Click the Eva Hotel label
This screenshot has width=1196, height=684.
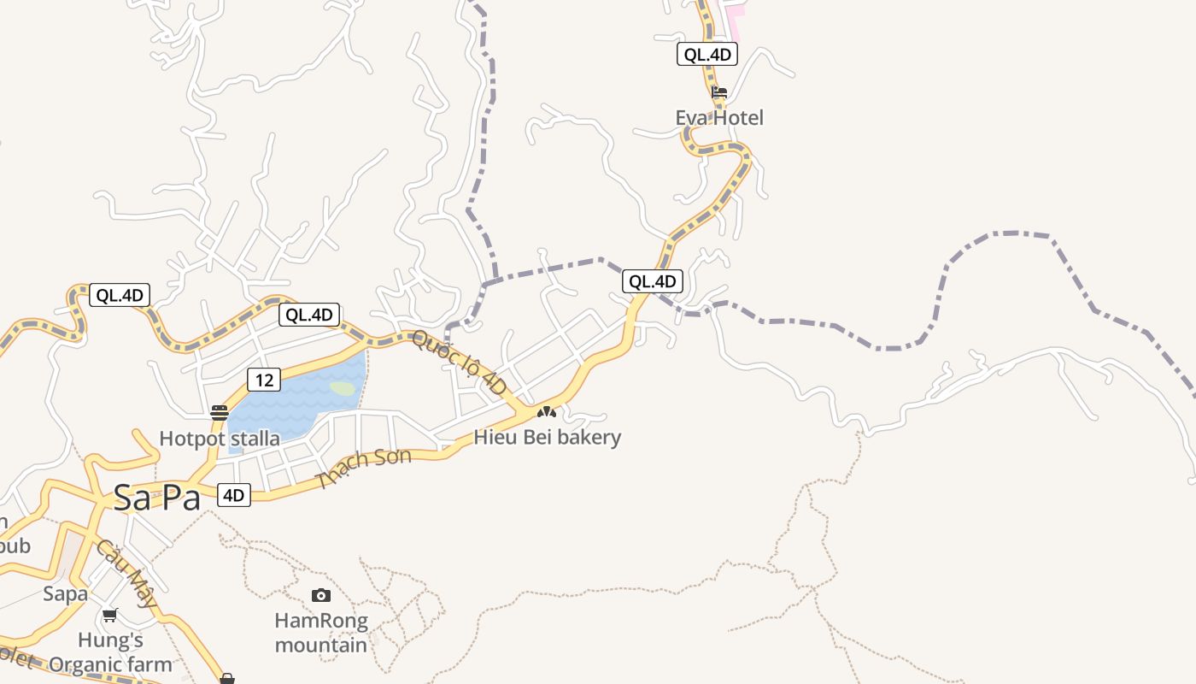pyautogui.click(x=719, y=118)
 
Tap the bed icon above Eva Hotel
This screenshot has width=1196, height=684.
pyautogui.click(x=719, y=92)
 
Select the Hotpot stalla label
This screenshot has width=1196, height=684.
pyautogui.click(x=220, y=439)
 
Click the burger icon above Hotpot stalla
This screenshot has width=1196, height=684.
pyautogui.click(x=220, y=413)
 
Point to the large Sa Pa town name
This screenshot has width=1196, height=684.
pyautogui.click(x=156, y=498)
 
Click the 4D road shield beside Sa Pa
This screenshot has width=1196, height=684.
pyautogui.click(x=234, y=495)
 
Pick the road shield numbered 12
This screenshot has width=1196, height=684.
pyautogui.click(x=264, y=380)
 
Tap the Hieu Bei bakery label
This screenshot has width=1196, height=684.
pyautogui.click(x=548, y=438)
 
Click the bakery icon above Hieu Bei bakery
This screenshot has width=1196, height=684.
pyautogui.click(x=546, y=412)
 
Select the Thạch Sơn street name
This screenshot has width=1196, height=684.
pyautogui.click(x=363, y=469)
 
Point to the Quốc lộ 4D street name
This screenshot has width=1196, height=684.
pyautogui.click(x=460, y=363)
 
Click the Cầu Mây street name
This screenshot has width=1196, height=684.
pyautogui.click(x=126, y=573)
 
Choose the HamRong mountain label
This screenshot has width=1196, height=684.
pyautogui.click(x=321, y=633)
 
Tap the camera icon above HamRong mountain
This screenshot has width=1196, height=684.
pyautogui.click(x=321, y=595)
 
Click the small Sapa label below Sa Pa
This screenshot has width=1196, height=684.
pyautogui.click(x=66, y=593)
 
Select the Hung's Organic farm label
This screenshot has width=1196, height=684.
pyautogui.click(x=110, y=652)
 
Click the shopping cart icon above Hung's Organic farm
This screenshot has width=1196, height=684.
pyautogui.click(x=110, y=615)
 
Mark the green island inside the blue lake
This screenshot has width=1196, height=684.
pyautogui.click(x=343, y=388)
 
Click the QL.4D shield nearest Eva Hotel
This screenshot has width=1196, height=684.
pyautogui.click(x=706, y=55)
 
